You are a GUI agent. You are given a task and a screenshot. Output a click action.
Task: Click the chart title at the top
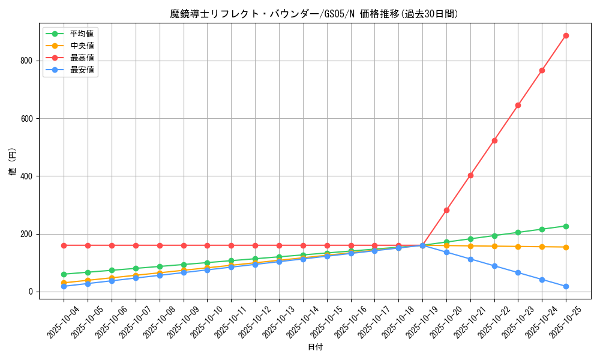click(314, 14)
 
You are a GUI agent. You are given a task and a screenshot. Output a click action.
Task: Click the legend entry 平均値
click(82, 34)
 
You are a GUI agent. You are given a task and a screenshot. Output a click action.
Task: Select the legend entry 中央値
click(82, 46)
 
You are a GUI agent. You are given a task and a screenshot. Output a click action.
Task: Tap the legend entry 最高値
click(82, 58)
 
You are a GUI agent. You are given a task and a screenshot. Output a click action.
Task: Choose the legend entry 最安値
click(82, 70)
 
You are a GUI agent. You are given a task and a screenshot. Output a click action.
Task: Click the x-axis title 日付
click(315, 347)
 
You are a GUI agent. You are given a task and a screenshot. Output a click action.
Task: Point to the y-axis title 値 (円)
click(13, 161)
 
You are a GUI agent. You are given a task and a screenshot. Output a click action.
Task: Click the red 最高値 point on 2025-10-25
click(566, 36)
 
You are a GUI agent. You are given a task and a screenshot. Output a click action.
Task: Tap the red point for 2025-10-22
click(494, 140)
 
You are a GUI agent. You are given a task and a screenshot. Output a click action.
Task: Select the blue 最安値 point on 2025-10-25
click(566, 287)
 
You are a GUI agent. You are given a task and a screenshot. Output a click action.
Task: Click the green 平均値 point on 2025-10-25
click(566, 226)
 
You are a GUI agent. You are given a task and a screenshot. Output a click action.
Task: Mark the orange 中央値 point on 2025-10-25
click(566, 247)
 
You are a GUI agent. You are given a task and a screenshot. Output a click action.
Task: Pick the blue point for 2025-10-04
click(64, 286)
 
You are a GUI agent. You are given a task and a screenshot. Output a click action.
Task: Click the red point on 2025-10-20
click(446, 210)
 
